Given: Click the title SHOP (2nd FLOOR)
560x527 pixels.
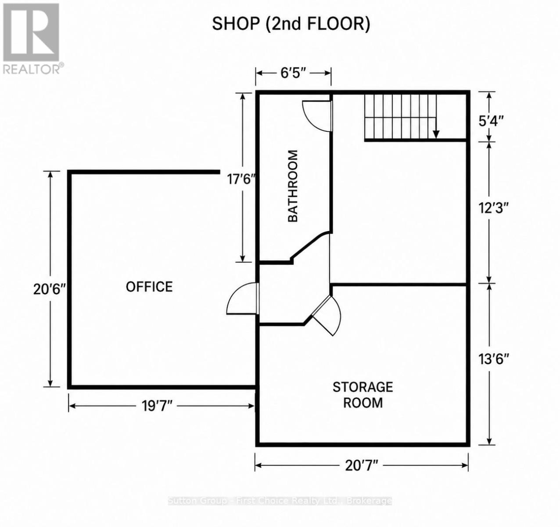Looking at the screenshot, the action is [x=291, y=24].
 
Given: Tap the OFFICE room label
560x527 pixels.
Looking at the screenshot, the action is [x=149, y=287].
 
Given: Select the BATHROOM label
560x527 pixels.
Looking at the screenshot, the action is [x=293, y=186].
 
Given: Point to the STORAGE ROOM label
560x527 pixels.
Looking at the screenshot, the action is [x=363, y=395].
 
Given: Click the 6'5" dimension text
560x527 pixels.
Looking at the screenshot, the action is [x=293, y=73].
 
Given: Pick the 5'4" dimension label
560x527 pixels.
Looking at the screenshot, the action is [x=491, y=121].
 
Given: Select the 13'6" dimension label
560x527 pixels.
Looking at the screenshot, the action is [x=494, y=359].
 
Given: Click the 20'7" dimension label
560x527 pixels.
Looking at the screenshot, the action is [x=361, y=465].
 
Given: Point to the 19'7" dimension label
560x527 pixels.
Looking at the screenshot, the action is [x=157, y=407].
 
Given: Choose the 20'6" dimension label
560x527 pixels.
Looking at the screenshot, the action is [x=50, y=289].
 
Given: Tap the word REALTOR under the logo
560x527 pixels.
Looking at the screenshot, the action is [x=32, y=69].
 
